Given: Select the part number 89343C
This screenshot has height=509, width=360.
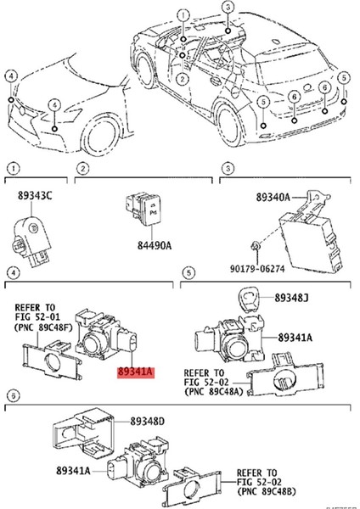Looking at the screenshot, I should pos(36,197).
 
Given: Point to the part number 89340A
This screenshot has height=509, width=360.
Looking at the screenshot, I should pos(274,197).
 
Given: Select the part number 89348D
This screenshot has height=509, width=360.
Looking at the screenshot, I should pos(147,421).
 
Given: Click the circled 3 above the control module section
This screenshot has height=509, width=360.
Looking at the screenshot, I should pos(227,171).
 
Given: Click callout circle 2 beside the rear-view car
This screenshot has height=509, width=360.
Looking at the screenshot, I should pos(180,78).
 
